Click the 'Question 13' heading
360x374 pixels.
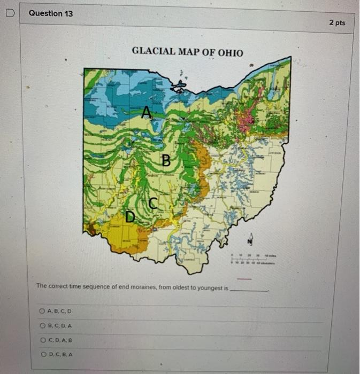tap(50, 13)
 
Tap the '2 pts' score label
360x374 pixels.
tap(337, 22)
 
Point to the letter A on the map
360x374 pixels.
tap(146, 112)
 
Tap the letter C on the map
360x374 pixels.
tap(152, 203)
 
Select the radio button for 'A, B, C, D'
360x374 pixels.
tap(42, 311)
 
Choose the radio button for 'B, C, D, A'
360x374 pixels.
tap(42, 325)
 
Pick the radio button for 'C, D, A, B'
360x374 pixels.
tap(42, 339)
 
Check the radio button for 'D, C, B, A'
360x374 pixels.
tap(42, 354)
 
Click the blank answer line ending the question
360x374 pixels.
tap(248, 290)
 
